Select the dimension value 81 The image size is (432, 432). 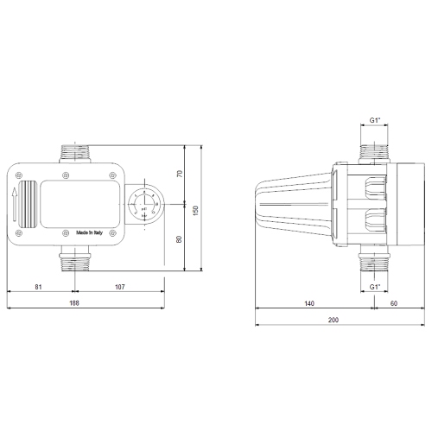point(40,286)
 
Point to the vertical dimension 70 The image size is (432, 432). point(180,174)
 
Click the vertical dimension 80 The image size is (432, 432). point(180,239)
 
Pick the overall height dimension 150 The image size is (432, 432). point(195,210)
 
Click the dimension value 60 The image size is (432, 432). point(394,303)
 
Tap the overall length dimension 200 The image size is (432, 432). point(334,321)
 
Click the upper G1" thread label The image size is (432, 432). point(374,122)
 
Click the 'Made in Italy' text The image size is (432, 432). point(92,232)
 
